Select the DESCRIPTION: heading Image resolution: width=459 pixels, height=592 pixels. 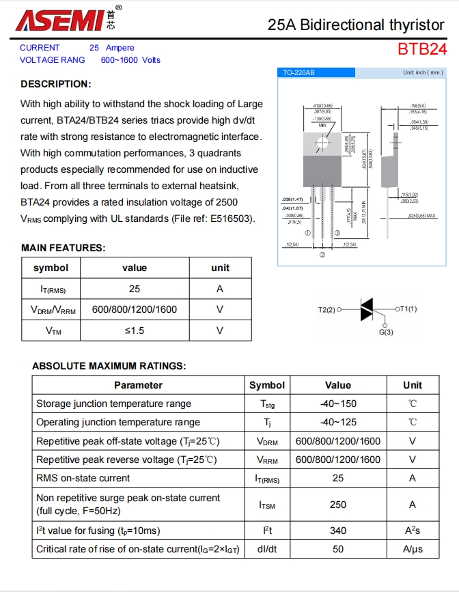click(x=55, y=84)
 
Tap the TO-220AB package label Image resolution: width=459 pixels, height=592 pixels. click(x=299, y=72)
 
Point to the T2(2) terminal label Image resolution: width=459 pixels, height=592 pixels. click(x=328, y=309)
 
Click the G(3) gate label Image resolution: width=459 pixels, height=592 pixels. click(x=386, y=332)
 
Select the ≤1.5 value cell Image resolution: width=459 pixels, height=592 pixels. click(x=134, y=330)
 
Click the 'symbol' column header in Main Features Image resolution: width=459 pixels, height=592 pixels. click(x=51, y=268)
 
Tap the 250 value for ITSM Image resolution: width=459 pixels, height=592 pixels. click(x=338, y=505)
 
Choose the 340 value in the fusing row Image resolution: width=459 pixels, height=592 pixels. click(x=338, y=531)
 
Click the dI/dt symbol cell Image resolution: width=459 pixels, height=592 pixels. click(x=266, y=549)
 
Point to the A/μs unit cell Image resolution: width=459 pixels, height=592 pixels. click(x=413, y=549)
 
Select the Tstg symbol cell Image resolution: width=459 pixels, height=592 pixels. click(x=266, y=404)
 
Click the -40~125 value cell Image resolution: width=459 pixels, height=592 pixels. click(x=338, y=422)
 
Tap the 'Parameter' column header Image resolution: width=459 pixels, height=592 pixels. click(x=138, y=385)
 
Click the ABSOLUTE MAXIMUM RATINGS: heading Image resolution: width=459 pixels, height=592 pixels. click(x=109, y=366)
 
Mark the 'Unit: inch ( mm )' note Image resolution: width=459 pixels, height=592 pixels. click(x=423, y=72)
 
